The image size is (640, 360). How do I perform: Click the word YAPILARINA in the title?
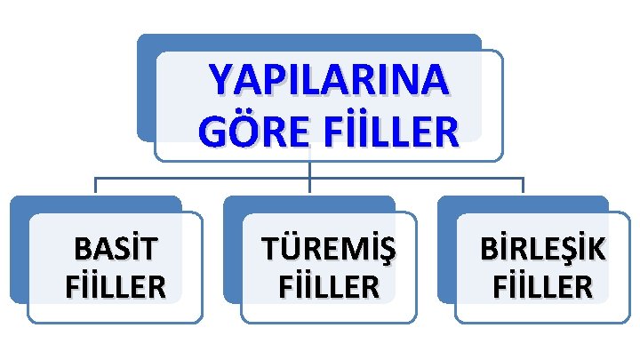point(328,81)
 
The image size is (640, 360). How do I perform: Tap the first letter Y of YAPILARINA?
point(221,81)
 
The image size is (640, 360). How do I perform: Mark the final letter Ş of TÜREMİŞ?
point(383,252)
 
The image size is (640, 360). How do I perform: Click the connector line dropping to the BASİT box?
point(96,186)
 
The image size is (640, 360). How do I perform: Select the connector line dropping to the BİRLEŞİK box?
point(524,186)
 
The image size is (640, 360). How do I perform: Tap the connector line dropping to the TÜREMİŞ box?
point(310,182)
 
